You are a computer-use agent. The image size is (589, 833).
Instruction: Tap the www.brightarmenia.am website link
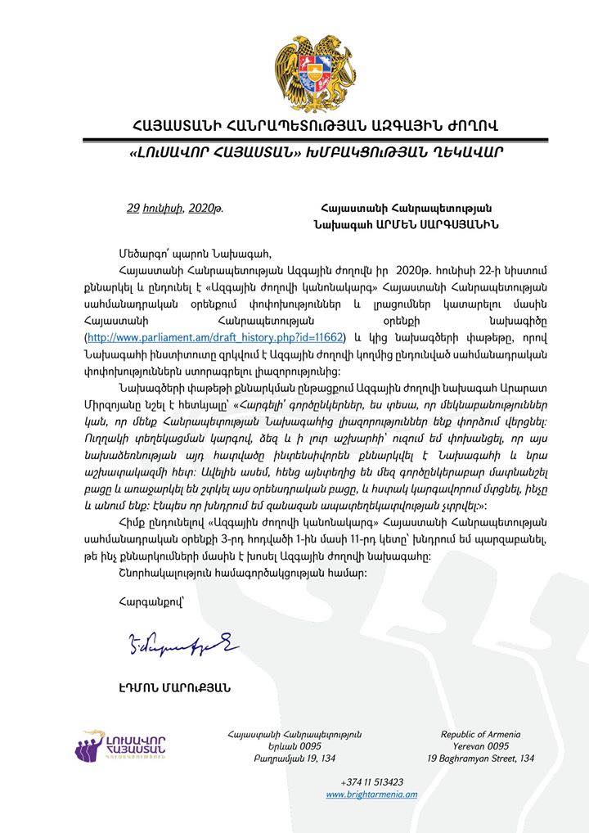pyautogui.click(x=371, y=795)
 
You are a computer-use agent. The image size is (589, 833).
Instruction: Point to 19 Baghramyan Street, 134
pyautogui.click(x=481, y=759)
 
